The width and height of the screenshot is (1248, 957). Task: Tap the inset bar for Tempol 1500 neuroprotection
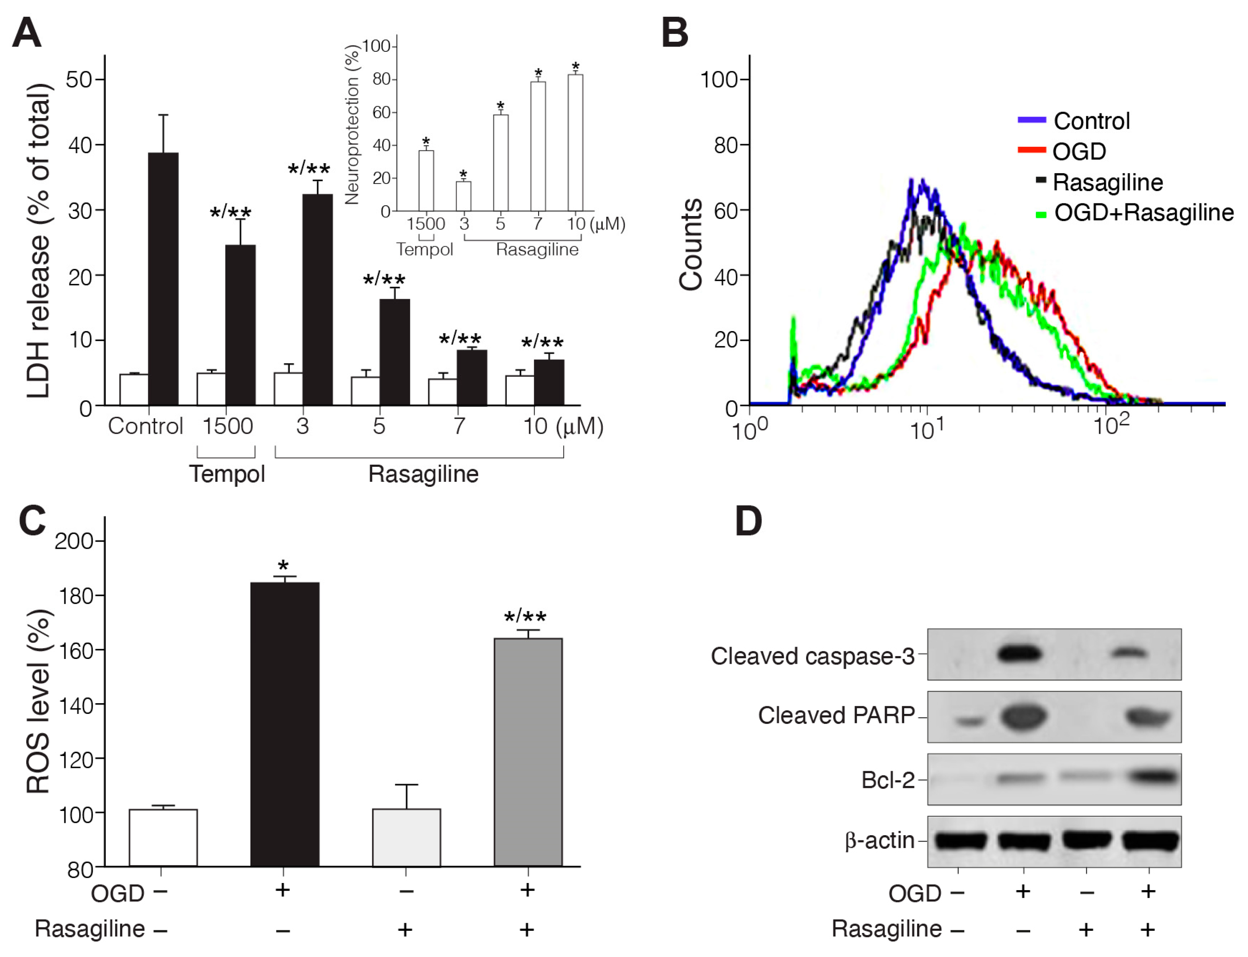pyautogui.click(x=426, y=181)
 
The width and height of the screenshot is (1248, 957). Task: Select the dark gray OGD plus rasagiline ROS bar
pyautogui.click(x=528, y=752)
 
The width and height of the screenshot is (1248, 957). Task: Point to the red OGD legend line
pyautogui.click(x=1031, y=150)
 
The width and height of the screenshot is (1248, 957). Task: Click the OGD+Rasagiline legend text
pyautogui.click(x=1144, y=213)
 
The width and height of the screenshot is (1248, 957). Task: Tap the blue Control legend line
pyautogui.click(x=1031, y=120)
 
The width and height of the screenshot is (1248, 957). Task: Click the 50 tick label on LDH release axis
pyautogui.click(x=79, y=79)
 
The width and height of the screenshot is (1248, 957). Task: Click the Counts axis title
pyautogui.click(x=691, y=245)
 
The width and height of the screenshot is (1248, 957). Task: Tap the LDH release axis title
pyautogui.click(x=39, y=239)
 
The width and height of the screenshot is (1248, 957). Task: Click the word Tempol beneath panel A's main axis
pyautogui.click(x=227, y=474)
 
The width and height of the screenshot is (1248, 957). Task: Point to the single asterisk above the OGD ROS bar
pyautogui.click(x=283, y=566)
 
